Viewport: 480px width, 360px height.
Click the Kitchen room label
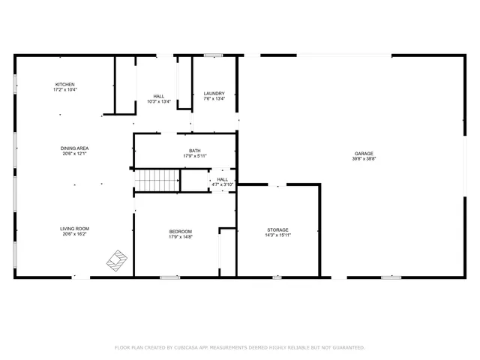(x=64, y=84)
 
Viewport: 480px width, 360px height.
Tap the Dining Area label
(x=74, y=148)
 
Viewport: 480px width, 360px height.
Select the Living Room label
(x=75, y=228)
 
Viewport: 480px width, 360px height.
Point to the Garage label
(x=364, y=154)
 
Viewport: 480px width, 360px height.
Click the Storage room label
(x=278, y=229)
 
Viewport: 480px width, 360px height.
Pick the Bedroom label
(x=180, y=231)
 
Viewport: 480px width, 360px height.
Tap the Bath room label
(x=194, y=150)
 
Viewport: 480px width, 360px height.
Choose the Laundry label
(x=214, y=94)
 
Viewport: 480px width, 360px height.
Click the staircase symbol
(x=157, y=180)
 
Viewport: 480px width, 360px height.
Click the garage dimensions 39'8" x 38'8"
(x=364, y=159)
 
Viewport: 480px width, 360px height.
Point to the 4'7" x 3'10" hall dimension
(x=223, y=184)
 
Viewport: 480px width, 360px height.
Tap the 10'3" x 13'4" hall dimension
(x=159, y=102)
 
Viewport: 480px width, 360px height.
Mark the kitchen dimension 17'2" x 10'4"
(x=65, y=89)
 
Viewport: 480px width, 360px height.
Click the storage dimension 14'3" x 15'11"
(x=278, y=235)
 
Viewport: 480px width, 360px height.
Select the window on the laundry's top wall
(x=214, y=55)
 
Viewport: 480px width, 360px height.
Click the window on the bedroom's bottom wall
(x=169, y=277)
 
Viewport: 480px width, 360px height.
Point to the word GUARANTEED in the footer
(x=347, y=347)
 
